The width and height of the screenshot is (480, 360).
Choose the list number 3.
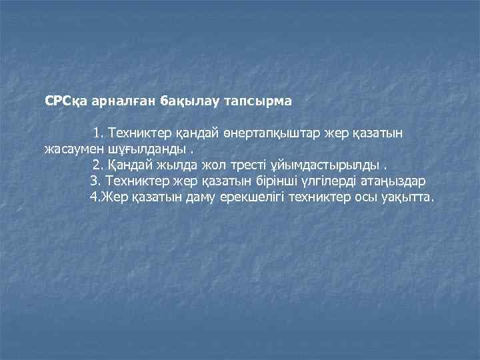(94, 181)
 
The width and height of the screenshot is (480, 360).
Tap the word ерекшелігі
(249, 197)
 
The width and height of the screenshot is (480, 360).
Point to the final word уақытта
(406, 197)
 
